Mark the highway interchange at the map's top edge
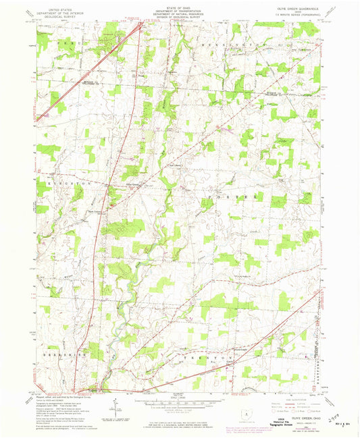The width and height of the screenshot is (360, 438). (x=140, y=27)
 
